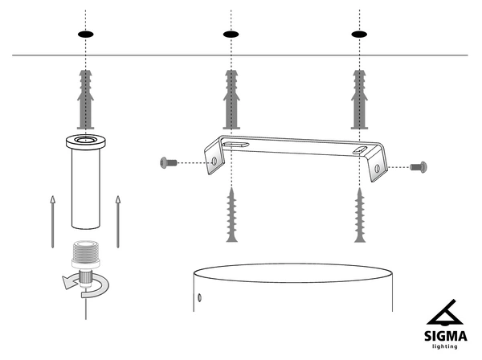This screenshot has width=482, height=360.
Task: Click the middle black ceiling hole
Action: point(231,35)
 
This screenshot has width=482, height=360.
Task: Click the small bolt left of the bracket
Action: point(169,163)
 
